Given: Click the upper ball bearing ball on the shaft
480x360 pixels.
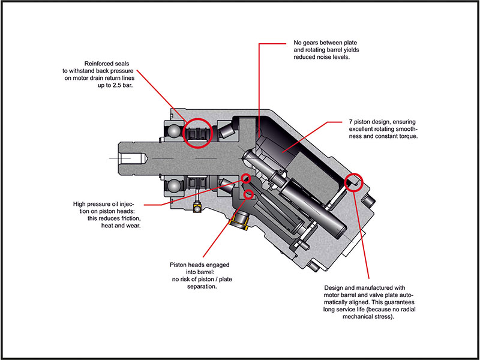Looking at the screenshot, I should (x=173, y=133).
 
